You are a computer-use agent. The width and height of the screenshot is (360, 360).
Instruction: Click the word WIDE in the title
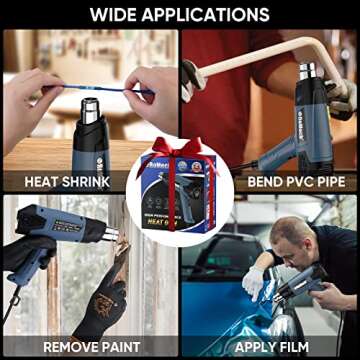click(116, 15)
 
